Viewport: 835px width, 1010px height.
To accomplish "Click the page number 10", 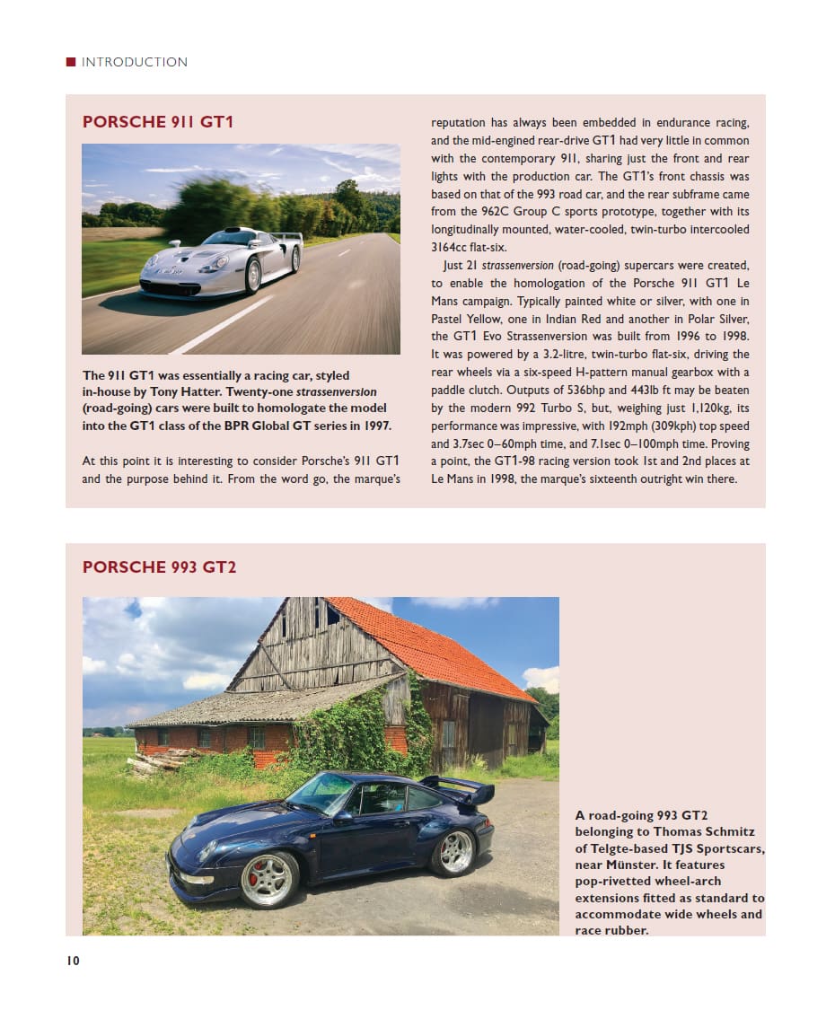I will (x=73, y=961).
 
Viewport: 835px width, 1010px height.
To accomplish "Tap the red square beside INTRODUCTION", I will (x=70, y=62).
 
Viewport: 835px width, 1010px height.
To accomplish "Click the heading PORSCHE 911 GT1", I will (x=158, y=122).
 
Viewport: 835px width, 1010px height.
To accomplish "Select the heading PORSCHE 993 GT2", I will (x=159, y=567).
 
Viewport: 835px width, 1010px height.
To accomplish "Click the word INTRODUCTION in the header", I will (x=135, y=62).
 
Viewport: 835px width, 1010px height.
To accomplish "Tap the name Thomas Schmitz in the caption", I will (x=704, y=831).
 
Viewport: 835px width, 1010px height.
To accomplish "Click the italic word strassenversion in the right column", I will (x=519, y=266).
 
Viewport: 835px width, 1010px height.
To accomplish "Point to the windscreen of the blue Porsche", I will (x=321, y=791).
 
